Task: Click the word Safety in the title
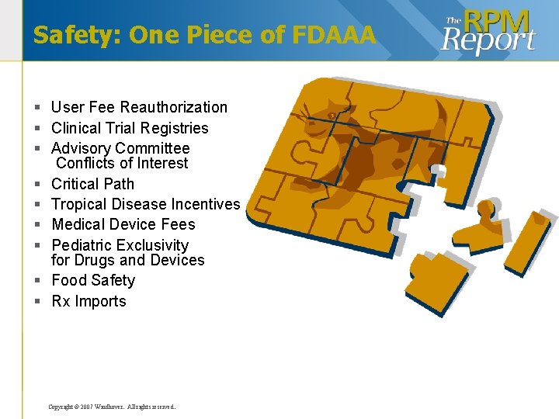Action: pos(74,35)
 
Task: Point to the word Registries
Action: pos(177,128)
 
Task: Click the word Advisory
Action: pos(81,148)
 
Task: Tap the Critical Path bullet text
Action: pos(92,184)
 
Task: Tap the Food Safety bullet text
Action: pos(93,280)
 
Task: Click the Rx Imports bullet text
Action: pos(89,301)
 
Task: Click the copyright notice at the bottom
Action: pos(112,407)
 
